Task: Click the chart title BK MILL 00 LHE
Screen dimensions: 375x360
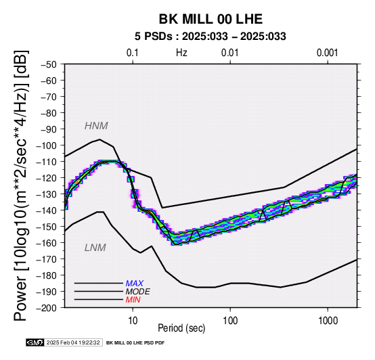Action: tap(211, 19)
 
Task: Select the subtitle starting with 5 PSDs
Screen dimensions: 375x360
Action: tap(211, 37)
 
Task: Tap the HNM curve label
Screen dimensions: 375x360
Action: tap(96, 126)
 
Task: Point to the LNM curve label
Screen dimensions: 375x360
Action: tap(95, 248)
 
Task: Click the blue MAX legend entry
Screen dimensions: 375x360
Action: tap(135, 284)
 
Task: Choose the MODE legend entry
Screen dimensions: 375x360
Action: tap(138, 292)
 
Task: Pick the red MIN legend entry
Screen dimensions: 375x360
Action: tap(133, 300)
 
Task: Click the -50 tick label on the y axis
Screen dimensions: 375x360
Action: tap(48, 64)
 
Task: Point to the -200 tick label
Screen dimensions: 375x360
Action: tap(47, 308)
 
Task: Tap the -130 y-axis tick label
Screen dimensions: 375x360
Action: tap(47, 194)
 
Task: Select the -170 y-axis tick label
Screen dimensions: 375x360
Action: tap(47, 259)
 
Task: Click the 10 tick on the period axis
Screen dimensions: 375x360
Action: tap(133, 321)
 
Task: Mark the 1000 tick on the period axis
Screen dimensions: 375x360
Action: tap(328, 321)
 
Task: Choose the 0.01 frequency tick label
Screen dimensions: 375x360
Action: tap(230, 53)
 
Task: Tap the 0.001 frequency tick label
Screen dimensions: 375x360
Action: tap(328, 53)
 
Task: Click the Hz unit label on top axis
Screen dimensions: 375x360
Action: tap(181, 53)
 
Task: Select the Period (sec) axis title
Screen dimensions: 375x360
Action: tap(181, 328)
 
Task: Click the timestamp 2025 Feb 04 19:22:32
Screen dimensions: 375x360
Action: tap(73, 343)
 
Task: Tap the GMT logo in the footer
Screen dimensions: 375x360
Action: tap(35, 343)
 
